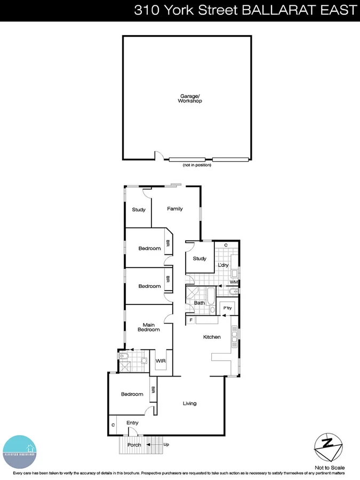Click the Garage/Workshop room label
[190, 98]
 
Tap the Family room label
[175, 209]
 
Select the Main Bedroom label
[149, 326]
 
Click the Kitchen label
[212, 337]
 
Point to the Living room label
[189, 403]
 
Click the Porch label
[134, 445]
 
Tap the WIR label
[161, 361]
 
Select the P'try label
[227, 308]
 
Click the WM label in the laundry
[233, 282]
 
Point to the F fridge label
[191, 320]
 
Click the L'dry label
[223, 265]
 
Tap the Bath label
[199, 303]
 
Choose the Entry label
[132, 423]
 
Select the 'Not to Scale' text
[330, 467]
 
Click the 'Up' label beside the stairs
[166, 444]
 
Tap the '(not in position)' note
[197, 165]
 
